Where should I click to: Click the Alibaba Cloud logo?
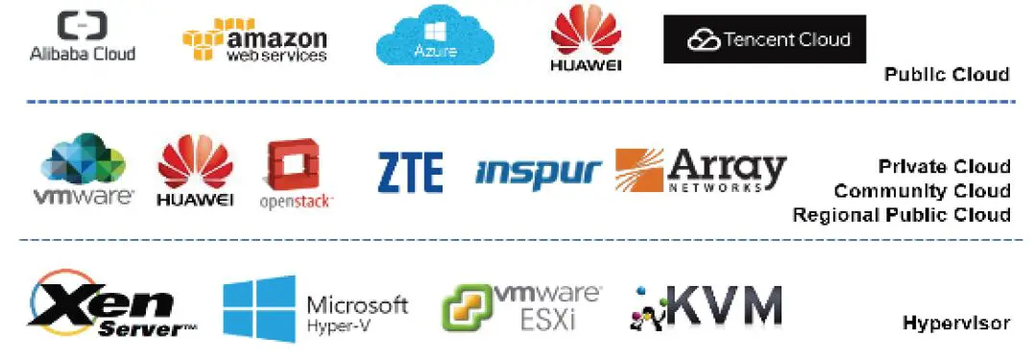point(83,38)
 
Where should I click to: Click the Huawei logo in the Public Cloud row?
point(586,39)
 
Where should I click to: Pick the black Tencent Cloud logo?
point(764,39)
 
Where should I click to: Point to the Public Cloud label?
point(946,74)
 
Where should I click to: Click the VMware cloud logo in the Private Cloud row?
point(84,171)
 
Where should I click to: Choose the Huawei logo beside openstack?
point(195,171)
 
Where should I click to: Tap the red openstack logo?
point(295,174)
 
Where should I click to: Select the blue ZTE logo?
point(410,172)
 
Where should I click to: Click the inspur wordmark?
point(538,172)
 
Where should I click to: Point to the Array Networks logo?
point(700,171)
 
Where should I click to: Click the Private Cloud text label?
point(944,167)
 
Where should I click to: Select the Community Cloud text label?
point(922,191)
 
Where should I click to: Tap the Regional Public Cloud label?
point(901,215)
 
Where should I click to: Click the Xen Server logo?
point(111,305)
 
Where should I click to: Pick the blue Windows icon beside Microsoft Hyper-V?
point(259,308)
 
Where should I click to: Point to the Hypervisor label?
point(955,324)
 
